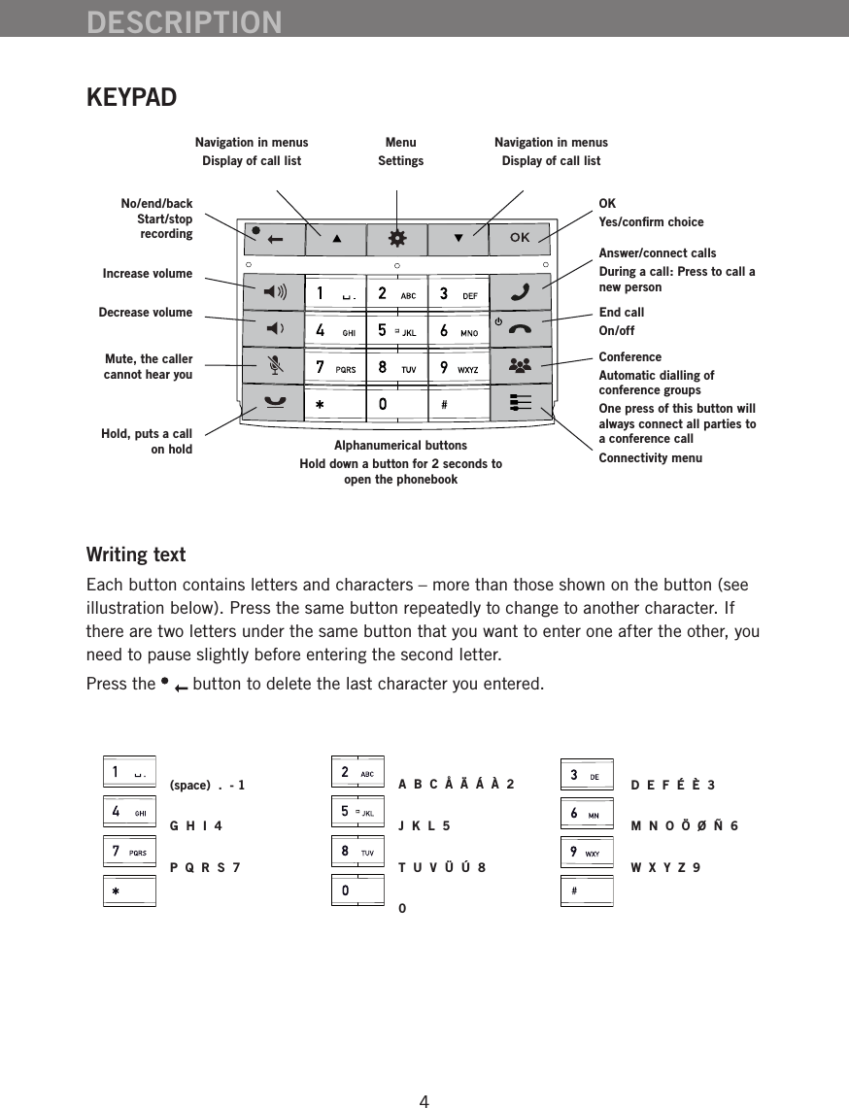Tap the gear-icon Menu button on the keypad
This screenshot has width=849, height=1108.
click(x=398, y=238)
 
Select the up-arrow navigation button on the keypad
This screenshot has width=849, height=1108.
click(x=335, y=238)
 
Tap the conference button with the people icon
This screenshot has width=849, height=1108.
click(x=520, y=366)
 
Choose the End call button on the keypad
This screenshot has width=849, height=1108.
click(x=520, y=327)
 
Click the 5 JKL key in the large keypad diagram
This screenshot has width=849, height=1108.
click(x=397, y=330)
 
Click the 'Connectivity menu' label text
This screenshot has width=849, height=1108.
click(x=650, y=457)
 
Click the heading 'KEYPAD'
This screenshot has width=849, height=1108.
click(x=131, y=98)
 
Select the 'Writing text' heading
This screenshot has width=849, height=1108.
click(x=136, y=555)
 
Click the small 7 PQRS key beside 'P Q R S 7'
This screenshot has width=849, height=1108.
click(x=129, y=852)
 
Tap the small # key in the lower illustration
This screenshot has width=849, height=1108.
click(x=587, y=890)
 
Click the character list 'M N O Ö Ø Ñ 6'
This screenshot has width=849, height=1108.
click(x=684, y=826)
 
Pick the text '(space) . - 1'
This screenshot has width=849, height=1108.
click(x=207, y=785)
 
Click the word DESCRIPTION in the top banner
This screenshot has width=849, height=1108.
click(x=185, y=21)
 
